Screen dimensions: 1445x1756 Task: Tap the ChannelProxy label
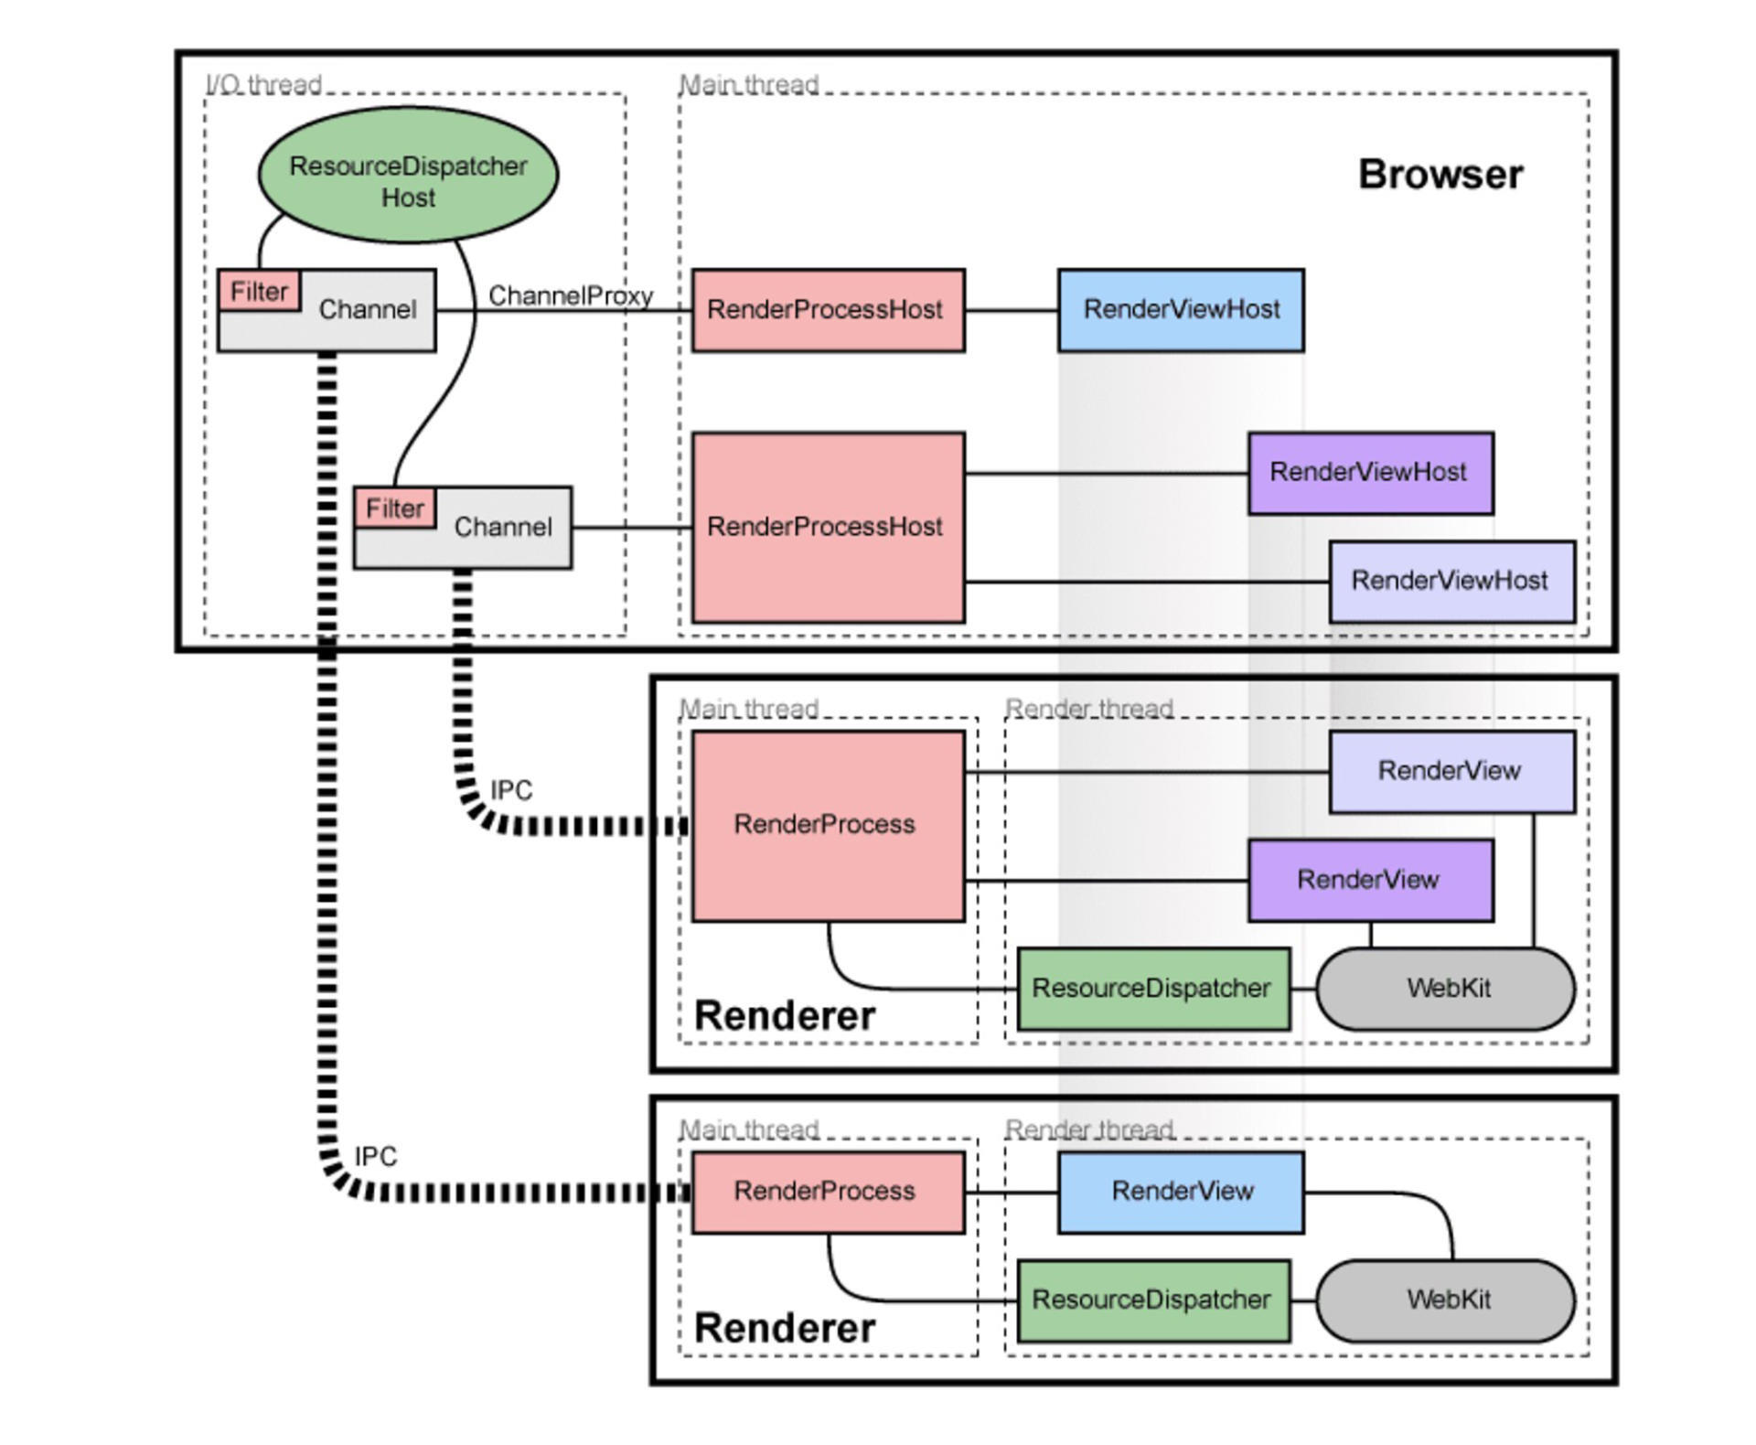point(570,295)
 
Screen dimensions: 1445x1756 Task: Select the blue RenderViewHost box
point(1181,310)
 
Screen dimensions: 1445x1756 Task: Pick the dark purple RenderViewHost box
point(1370,473)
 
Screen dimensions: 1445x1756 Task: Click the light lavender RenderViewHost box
point(1451,582)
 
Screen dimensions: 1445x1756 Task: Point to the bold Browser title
point(1440,175)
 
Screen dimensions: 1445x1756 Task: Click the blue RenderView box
point(1181,1192)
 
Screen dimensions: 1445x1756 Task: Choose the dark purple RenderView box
point(1370,880)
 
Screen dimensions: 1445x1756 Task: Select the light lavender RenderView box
point(1451,771)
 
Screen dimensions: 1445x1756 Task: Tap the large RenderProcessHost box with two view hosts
point(828,528)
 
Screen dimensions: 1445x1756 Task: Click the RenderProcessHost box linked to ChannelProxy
point(828,310)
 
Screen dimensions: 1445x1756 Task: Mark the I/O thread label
point(263,85)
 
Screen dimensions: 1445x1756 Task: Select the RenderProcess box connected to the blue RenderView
point(828,1192)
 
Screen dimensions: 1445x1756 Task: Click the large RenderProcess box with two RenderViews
point(828,825)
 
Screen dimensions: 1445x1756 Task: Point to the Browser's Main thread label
point(748,85)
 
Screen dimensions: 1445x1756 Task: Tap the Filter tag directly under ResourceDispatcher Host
point(260,292)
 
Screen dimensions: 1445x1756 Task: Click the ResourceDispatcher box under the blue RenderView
point(1153,1300)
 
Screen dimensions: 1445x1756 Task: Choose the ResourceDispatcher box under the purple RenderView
point(1153,989)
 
